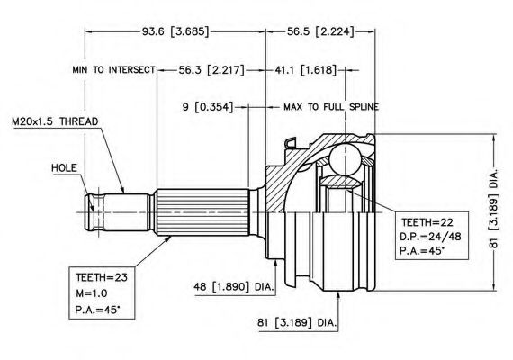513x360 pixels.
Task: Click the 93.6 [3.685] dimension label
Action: [x=175, y=31]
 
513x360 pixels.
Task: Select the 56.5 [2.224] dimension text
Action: [x=320, y=31]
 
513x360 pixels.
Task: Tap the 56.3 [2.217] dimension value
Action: [x=211, y=70]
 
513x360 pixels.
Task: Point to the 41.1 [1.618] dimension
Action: [x=306, y=70]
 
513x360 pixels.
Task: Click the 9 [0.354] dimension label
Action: [x=208, y=107]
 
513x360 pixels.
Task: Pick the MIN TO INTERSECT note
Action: [x=114, y=69]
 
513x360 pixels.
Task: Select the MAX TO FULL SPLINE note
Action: [x=331, y=107]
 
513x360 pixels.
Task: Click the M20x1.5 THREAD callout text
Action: [x=55, y=121]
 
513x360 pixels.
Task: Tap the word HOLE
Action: [x=64, y=168]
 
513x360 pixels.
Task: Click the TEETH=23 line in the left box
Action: [x=102, y=277]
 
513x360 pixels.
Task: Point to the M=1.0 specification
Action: [x=92, y=293]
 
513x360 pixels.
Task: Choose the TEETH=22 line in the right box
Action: [x=427, y=223]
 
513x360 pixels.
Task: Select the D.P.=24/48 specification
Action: [x=430, y=237]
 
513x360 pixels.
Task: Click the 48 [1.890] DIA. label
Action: [x=234, y=287]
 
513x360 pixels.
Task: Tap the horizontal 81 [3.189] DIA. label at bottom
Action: [x=297, y=323]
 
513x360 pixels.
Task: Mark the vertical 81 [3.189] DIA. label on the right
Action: [x=494, y=209]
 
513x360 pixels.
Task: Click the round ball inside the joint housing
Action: [x=345, y=159]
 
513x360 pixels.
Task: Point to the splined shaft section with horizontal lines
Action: [x=202, y=212]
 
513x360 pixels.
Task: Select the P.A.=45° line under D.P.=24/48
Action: [x=422, y=251]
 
